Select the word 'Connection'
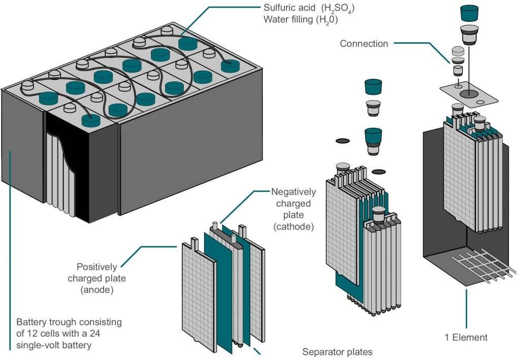point(364,44)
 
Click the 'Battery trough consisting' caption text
point(69,322)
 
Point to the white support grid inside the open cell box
point(480,265)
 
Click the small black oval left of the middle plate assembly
point(343,140)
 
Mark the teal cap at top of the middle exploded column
point(374,86)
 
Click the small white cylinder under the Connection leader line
point(458,71)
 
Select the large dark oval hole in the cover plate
point(468,93)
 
